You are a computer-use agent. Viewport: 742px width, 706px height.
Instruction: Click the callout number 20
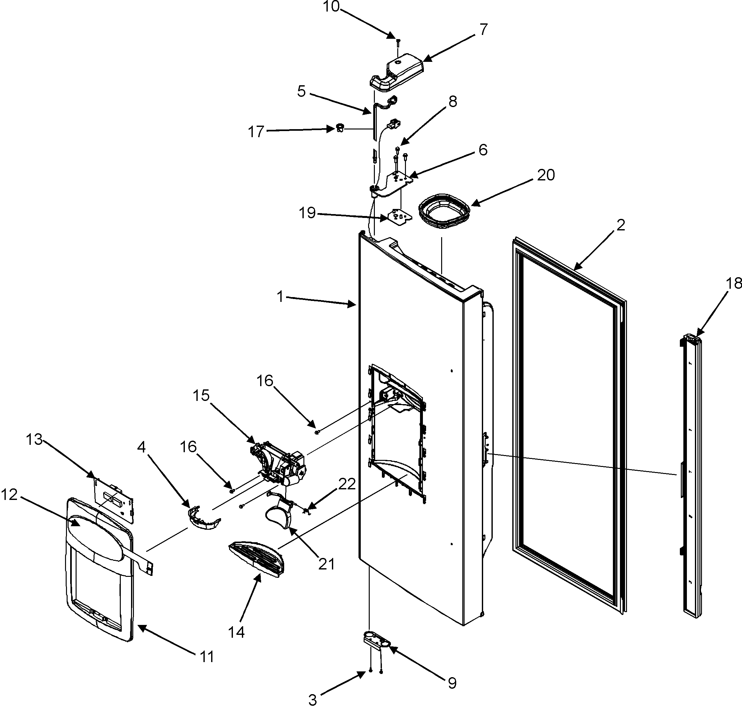point(546,175)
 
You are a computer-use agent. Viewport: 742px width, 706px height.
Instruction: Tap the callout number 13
point(34,439)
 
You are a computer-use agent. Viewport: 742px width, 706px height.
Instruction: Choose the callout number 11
point(207,656)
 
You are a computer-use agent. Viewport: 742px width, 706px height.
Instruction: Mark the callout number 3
point(312,700)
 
